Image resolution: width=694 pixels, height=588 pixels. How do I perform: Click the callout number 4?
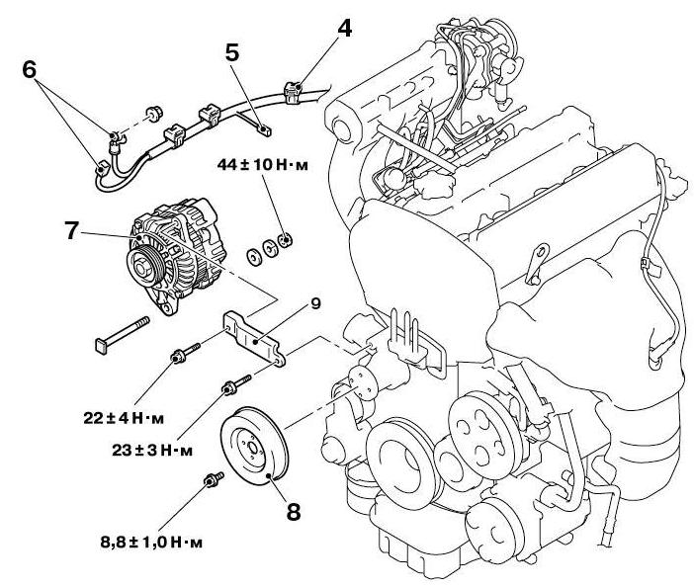(344, 29)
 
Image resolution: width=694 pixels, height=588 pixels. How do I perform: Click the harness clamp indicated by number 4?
(295, 93)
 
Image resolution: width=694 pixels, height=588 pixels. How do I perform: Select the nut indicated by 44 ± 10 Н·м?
(284, 238)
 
